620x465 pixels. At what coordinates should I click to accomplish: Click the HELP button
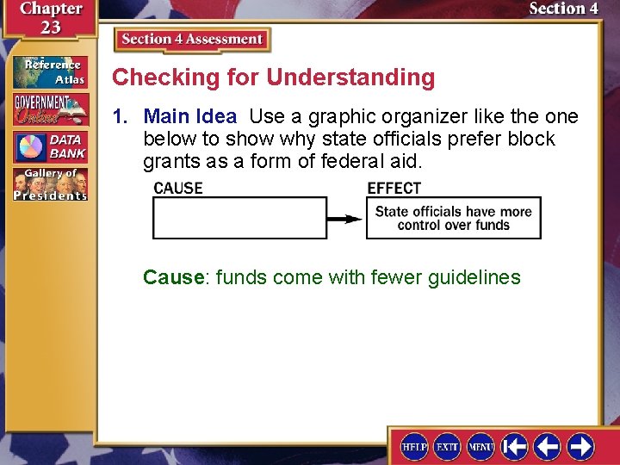[x=415, y=446]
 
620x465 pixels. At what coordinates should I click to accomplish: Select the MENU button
[x=480, y=446]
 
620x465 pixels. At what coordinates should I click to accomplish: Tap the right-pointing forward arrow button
[x=580, y=446]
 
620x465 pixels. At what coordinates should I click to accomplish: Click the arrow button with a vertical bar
[x=514, y=446]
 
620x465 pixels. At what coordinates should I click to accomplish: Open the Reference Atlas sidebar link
[x=50, y=72]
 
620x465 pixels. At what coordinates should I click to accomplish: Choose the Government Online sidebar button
[x=50, y=109]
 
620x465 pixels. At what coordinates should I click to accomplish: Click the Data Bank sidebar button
[x=50, y=146]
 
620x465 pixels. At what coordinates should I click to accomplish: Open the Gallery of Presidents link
[x=50, y=183]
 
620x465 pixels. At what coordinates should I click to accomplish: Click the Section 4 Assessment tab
[x=192, y=40]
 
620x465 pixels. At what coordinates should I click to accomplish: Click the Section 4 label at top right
[x=563, y=9]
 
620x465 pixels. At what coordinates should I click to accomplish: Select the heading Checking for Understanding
[x=274, y=77]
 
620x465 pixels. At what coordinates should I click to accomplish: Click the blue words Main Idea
[x=189, y=116]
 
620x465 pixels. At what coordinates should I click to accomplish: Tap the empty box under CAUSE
[x=239, y=218]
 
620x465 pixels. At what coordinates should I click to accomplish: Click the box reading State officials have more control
[x=453, y=218]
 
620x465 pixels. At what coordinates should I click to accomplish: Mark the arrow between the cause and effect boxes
[x=346, y=218]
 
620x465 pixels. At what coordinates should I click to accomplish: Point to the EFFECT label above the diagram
[x=394, y=188]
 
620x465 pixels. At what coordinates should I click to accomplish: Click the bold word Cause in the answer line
[x=174, y=277]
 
